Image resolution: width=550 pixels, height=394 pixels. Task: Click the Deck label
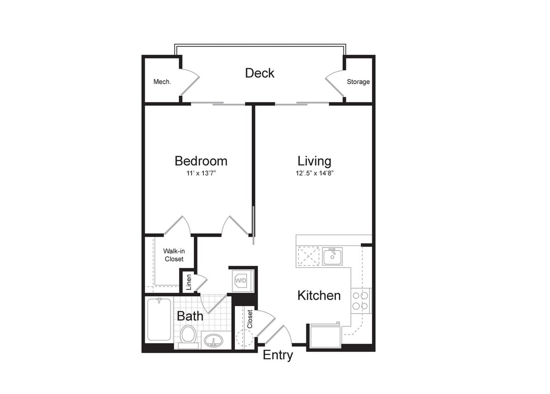tap(260, 73)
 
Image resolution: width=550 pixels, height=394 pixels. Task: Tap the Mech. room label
tap(162, 82)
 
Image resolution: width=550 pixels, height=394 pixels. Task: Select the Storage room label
tap(358, 82)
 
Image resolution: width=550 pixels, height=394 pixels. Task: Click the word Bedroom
tap(201, 161)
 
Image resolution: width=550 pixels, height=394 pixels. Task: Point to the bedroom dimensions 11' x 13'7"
tap(200, 173)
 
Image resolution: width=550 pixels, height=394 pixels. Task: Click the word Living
tap(314, 161)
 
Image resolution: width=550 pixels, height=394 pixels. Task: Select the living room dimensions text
tap(314, 173)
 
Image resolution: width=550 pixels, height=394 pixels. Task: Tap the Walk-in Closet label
tap(174, 255)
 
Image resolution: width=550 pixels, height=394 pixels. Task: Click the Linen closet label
tap(189, 282)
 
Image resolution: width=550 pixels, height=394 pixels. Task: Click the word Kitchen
tap(319, 295)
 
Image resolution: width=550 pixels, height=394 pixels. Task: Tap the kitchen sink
tap(332, 256)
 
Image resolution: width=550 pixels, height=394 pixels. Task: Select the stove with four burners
tap(360, 301)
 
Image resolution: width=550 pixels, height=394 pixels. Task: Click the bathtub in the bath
tap(159, 320)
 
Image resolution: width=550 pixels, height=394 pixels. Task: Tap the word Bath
tap(190, 316)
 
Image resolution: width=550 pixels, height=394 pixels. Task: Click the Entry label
tap(278, 355)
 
